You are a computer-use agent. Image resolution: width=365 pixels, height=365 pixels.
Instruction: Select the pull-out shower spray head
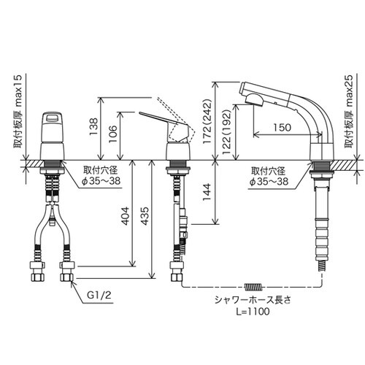tap(258, 93)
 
